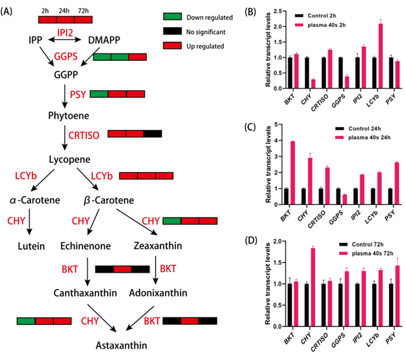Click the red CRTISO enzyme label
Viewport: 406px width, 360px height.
(x=85, y=135)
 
